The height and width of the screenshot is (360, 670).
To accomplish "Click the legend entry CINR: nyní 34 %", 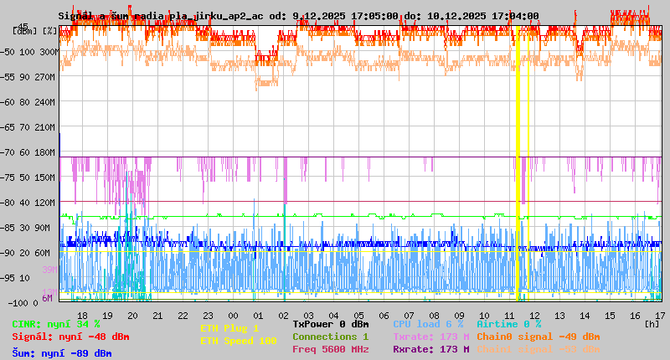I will coord(56,324).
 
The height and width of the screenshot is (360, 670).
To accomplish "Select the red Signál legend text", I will coord(70,337).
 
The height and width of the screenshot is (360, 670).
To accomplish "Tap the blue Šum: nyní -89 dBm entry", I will coord(61,352).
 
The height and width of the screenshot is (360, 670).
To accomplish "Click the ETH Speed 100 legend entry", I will coord(238,341).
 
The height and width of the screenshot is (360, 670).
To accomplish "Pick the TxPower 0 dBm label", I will coord(330,324).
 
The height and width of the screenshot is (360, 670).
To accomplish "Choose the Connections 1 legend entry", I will coord(330,337).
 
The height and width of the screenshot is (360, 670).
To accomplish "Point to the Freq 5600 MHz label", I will coord(330,349).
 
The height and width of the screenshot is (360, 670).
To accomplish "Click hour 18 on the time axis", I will coord(82,315).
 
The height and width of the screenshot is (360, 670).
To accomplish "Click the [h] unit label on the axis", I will coord(651,323).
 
